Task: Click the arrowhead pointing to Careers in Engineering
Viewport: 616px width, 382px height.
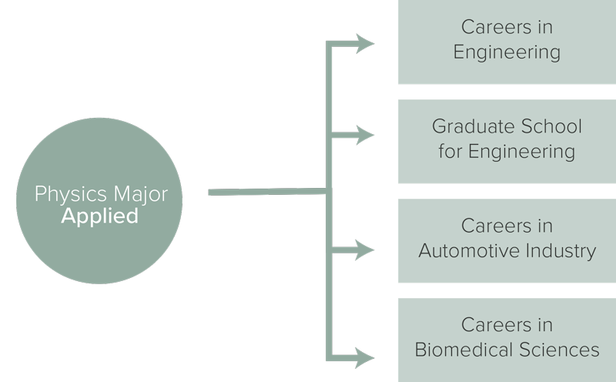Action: coord(364,44)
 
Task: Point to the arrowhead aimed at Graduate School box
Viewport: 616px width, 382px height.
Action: coord(364,136)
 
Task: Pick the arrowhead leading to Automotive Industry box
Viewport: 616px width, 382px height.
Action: coord(364,250)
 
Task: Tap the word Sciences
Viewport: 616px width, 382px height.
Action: coord(557,350)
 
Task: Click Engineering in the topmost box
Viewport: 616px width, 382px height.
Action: coord(507,52)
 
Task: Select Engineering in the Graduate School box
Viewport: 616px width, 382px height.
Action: coord(521,151)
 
